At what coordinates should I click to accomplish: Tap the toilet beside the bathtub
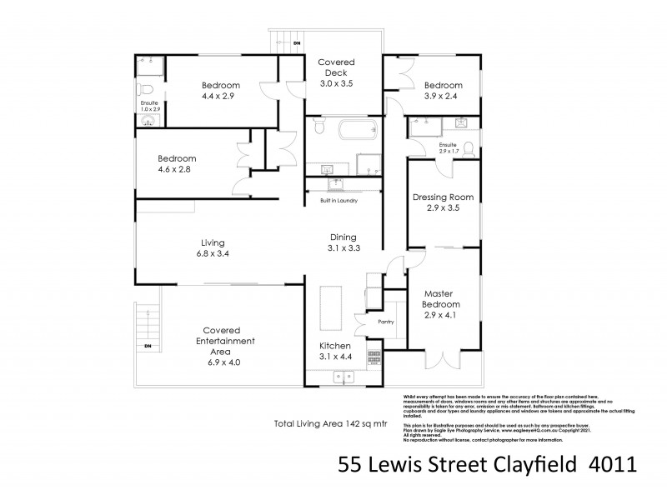click(317, 127)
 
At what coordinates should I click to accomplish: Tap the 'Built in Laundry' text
click(339, 201)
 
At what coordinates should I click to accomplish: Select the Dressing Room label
click(443, 197)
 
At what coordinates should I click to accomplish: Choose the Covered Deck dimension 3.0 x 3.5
click(339, 83)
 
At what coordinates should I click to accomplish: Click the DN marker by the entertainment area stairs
click(148, 345)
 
